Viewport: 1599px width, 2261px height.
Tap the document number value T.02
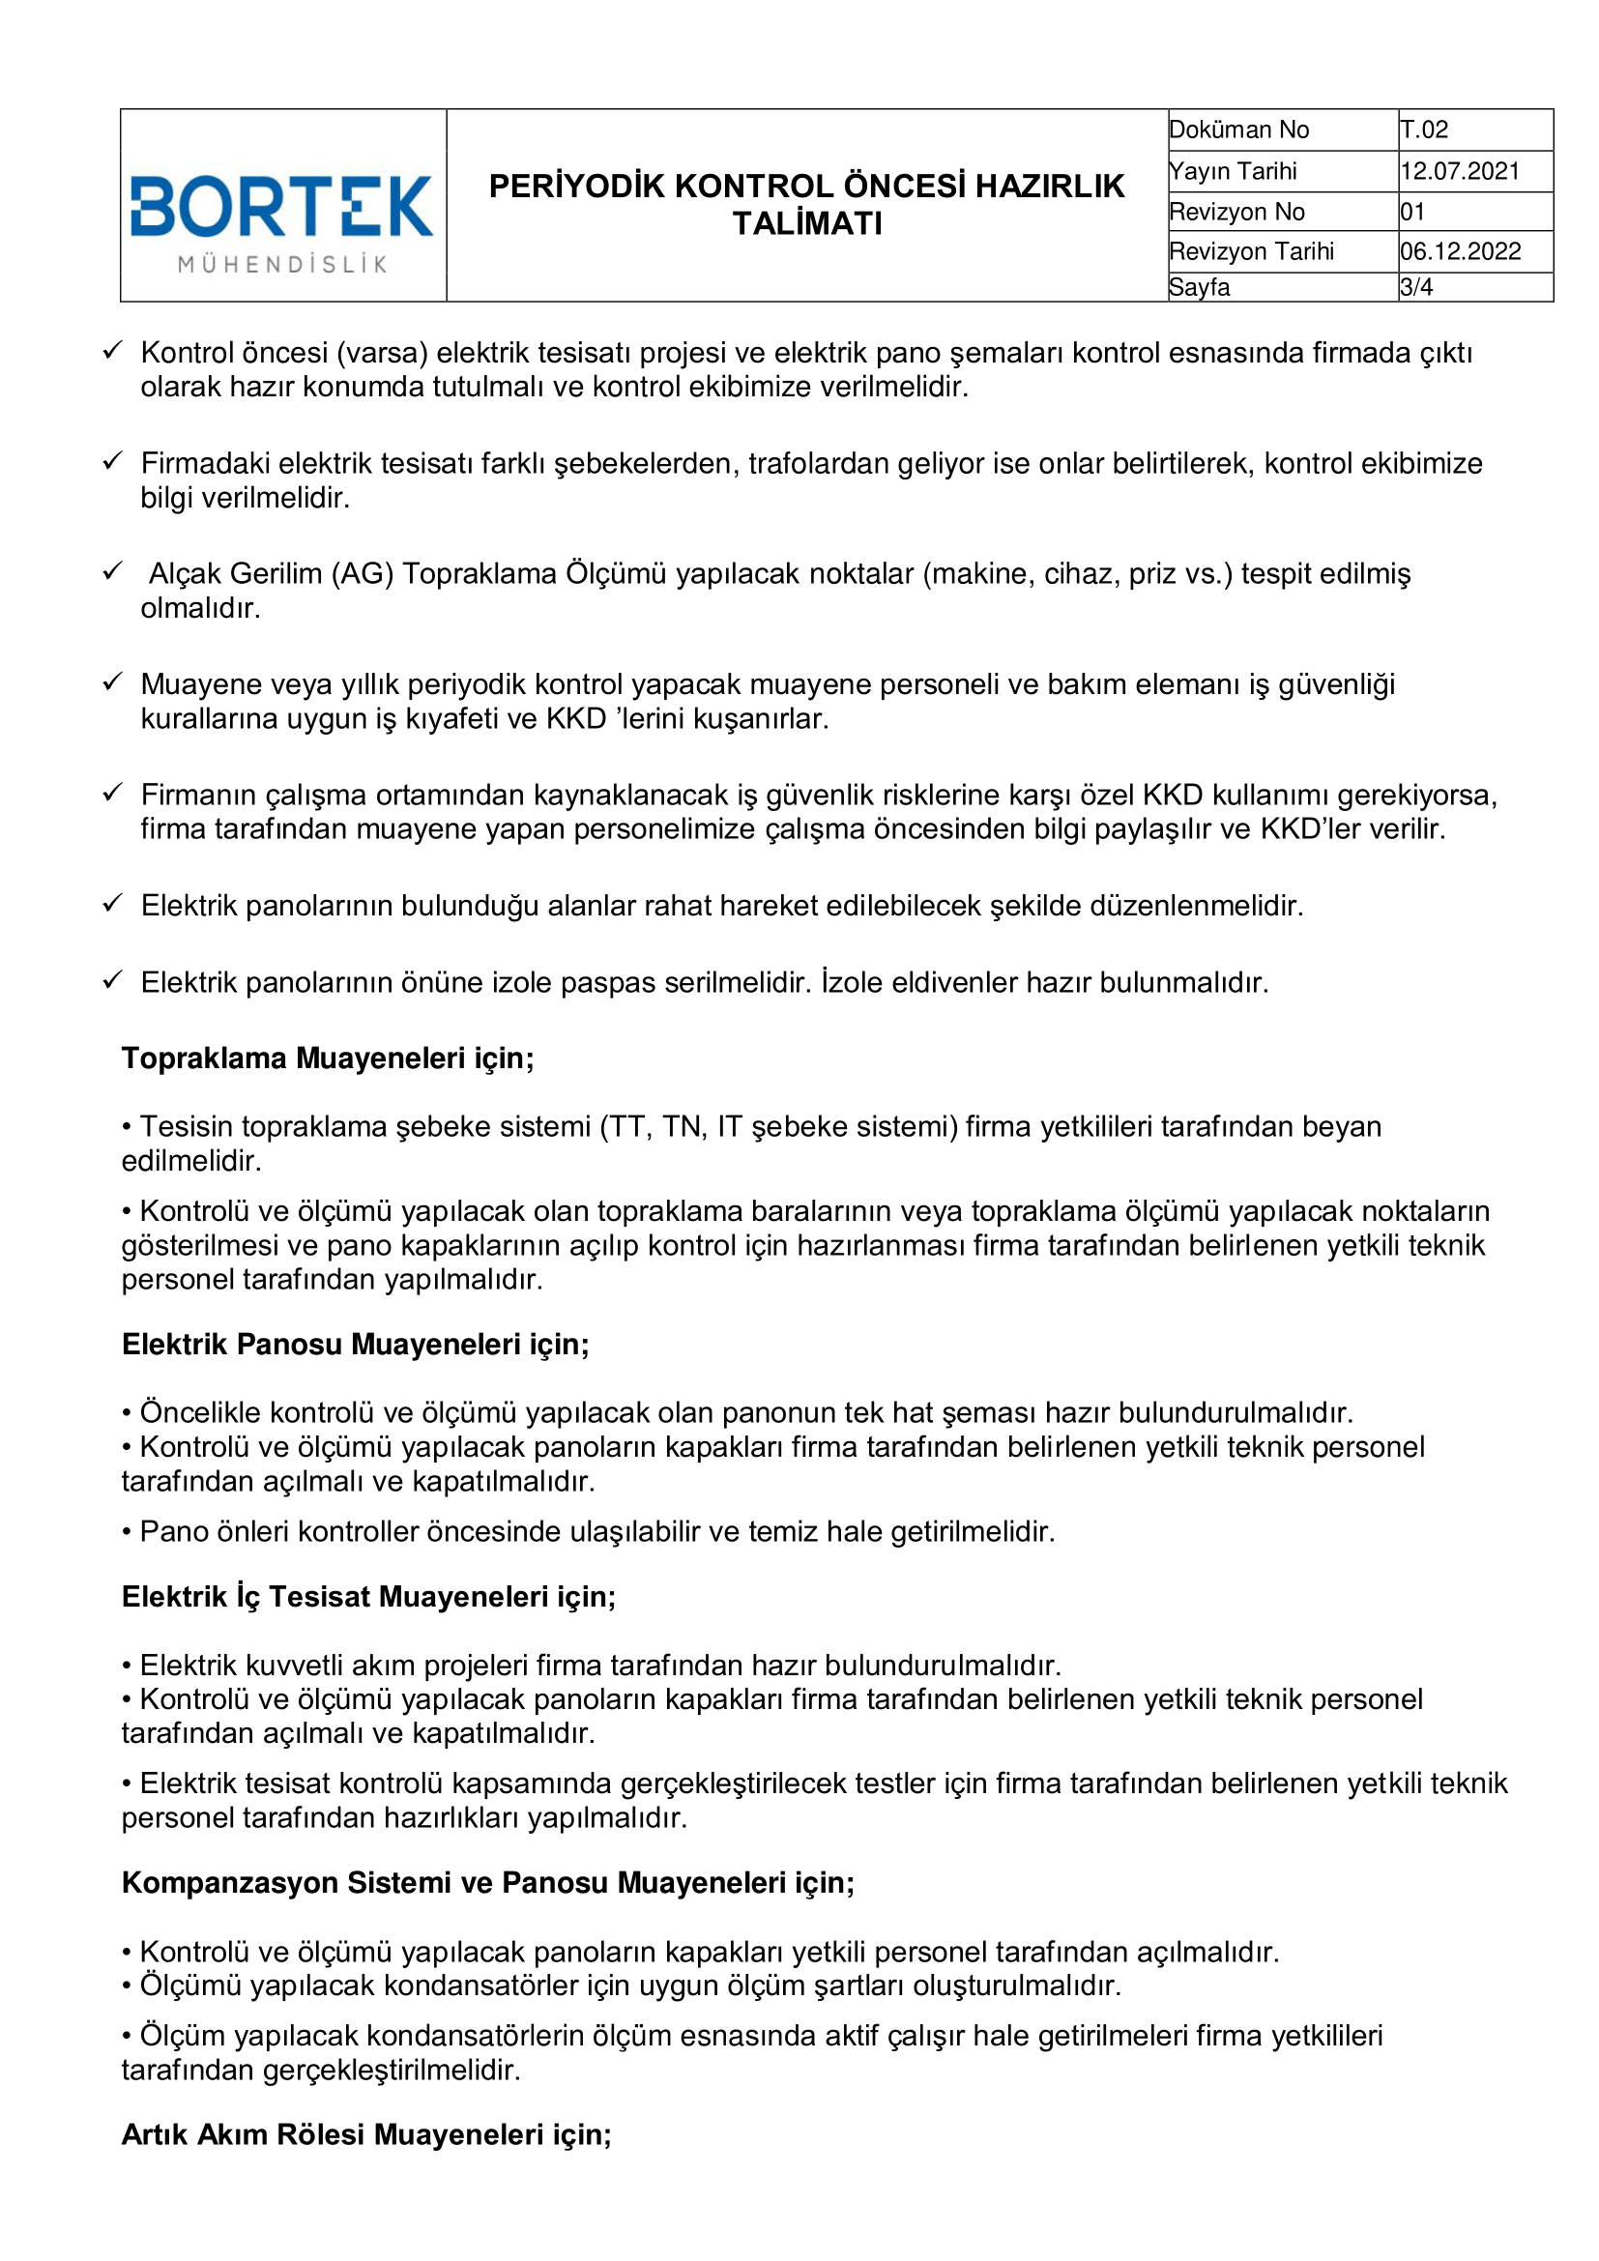pyautogui.click(x=1424, y=130)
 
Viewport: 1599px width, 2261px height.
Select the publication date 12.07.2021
pyautogui.click(x=1460, y=171)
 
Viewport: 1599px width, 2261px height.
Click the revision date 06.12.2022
pyautogui.click(x=1460, y=251)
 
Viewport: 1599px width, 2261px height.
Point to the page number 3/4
pyautogui.click(x=1416, y=287)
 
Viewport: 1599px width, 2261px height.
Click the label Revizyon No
pyautogui.click(x=1236, y=212)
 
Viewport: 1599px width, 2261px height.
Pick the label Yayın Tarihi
pyautogui.click(x=1233, y=171)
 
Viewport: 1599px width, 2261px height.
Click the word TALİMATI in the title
pyautogui.click(x=807, y=224)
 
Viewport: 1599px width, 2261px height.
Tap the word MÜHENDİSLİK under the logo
pyautogui.click(x=282, y=264)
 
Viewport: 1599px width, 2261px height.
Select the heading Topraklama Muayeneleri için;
pyautogui.click(x=328, y=1058)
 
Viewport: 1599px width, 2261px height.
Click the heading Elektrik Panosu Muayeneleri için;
pyautogui.click(x=356, y=1345)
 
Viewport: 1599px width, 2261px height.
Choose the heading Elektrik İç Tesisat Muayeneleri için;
pyautogui.click(x=368, y=1596)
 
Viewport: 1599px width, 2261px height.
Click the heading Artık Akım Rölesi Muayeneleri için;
pyautogui.click(x=366, y=2134)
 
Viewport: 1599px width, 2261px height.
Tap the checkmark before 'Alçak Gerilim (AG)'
pyautogui.click(x=113, y=571)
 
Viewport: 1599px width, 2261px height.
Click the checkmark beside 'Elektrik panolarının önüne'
pyautogui.click(x=113, y=980)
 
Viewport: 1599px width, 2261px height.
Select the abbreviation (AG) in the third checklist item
pyautogui.click(x=363, y=573)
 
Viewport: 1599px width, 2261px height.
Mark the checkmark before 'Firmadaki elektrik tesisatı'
pyautogui.click(x=113, y=461)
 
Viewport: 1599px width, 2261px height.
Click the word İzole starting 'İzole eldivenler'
pyautogui.click(x=852, y=982)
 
